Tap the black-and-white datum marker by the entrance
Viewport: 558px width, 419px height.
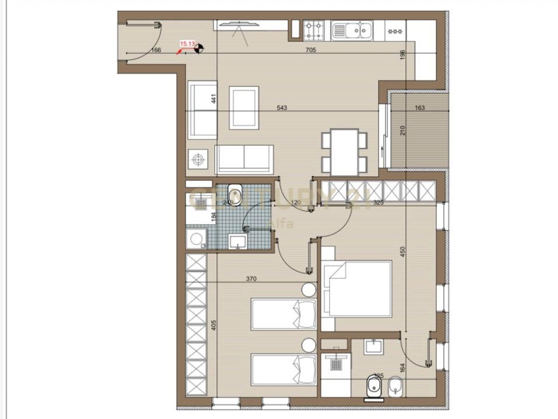coord(199,49)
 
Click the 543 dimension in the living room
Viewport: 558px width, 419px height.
coord(282,108)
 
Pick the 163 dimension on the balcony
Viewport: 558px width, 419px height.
coord(420,108)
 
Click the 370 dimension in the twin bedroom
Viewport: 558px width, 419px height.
coord(251,279)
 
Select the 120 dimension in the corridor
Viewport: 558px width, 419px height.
coord(296,202)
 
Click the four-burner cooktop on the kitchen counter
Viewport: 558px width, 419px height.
coord(314,29)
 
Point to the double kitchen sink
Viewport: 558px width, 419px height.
coord(352,29)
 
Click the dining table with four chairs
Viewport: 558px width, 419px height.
coord(344,152)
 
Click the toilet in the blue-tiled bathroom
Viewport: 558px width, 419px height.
coord(235,193)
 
